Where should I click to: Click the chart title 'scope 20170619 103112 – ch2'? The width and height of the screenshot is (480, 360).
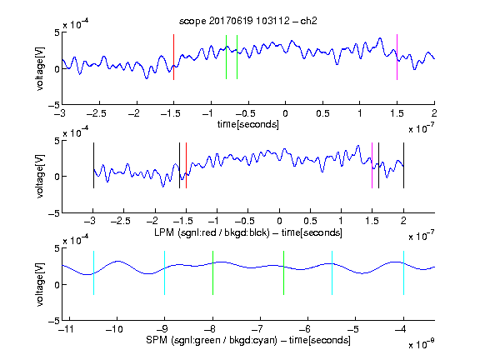pos(248,21)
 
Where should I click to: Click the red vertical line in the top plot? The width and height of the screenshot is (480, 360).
pos(174,57)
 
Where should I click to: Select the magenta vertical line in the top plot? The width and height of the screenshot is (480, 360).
pos(397,57)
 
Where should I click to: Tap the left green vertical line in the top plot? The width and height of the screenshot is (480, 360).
pos(226,57)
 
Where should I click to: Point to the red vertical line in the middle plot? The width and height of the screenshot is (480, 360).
pos(186,165)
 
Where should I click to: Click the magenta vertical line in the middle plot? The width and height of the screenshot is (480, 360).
pos(372,165)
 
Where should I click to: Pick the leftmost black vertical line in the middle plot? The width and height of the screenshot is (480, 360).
pos(93,165)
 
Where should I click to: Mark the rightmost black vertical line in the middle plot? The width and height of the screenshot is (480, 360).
pos(404,165)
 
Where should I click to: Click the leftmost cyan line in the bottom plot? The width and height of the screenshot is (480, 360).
pos(93,273)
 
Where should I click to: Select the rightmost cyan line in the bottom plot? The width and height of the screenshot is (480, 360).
pos(404,273)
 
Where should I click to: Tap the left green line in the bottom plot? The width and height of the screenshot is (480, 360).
pos(212,273)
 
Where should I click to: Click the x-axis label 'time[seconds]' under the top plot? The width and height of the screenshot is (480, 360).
pos(248,124)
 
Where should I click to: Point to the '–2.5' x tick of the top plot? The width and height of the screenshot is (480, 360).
pos(97,113)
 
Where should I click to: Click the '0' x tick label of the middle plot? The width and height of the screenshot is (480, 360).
pos(279,221)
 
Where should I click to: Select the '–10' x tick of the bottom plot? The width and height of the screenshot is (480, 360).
pos(114,329)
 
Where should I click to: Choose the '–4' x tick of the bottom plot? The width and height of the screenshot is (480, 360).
pos(401,329)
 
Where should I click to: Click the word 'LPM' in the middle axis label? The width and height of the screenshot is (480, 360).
pos(164,232)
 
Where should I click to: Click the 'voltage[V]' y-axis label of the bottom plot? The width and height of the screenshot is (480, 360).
pos(40,284)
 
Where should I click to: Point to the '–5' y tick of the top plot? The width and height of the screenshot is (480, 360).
pos(54,105)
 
